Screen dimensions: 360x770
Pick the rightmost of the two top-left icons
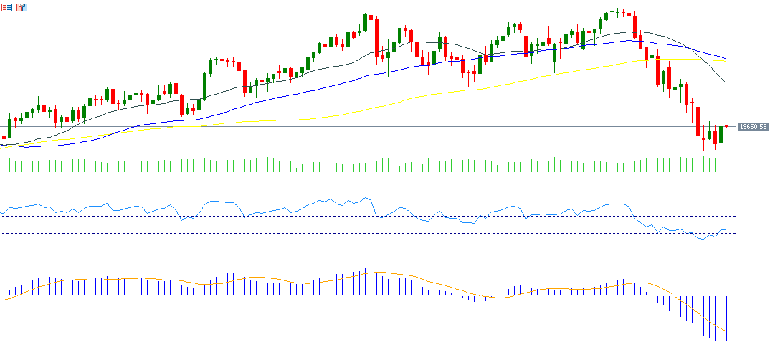[22, 7]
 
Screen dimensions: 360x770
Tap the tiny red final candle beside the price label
[727, 126]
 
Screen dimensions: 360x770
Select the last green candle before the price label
[721, 134]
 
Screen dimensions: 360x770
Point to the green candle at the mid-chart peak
[365, 22]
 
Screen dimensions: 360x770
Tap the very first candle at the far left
[4, 137]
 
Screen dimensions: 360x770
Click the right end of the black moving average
[726, 83]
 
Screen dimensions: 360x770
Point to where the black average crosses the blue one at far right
[689, 49]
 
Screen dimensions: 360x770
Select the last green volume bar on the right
[721, 164]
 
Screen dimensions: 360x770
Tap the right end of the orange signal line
[726, 341]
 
